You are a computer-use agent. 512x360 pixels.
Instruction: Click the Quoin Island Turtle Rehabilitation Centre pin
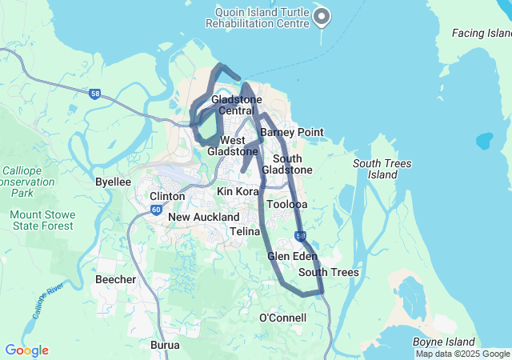click(322, 16)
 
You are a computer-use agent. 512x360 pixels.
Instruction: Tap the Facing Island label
click(482, 34)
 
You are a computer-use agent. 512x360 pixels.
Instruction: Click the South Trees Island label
click(382, 169)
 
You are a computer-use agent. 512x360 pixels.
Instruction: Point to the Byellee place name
click(113, 182)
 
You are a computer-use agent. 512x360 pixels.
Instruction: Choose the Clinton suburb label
click(167, 196)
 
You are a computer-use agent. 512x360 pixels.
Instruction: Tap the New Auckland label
click(203, 217)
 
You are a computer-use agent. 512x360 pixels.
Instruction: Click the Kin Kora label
click(237, 192)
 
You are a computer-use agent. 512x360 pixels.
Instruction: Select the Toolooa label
click(287, 205)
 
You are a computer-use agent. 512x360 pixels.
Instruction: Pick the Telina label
click(245, 231)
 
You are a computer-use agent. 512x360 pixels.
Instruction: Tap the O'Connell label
click(282, 318)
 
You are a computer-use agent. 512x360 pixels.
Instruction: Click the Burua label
click(165, 346)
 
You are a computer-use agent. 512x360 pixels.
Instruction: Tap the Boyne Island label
click(444, 342)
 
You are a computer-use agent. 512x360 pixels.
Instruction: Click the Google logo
click(26, 350)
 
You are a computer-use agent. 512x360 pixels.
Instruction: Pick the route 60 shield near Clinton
click(154, 210)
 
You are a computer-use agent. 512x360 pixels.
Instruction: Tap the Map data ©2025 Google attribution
click(462, 354)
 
